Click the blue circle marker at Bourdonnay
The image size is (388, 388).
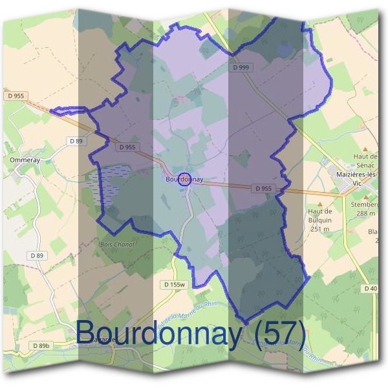click(184, 179)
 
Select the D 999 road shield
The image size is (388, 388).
click(241, 67)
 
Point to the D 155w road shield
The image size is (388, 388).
click(173, 285)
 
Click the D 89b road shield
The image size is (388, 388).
click(41, 346)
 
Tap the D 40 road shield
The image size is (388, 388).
click(371, 288)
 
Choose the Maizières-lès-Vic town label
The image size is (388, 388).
click(352, 178)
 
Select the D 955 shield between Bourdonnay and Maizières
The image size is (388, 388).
click(263, 188)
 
